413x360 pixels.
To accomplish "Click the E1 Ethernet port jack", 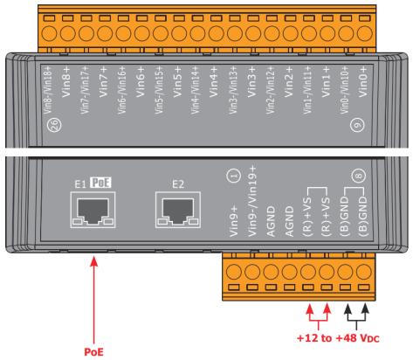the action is tap(93, 210).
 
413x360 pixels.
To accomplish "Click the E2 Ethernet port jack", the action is tap(178, 210).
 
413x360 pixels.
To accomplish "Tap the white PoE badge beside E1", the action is tap(100, 183).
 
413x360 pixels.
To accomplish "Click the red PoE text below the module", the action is tap(93, 352).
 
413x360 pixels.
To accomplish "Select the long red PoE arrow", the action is tap(93, 300).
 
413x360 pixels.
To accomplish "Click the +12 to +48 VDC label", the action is tap(338, 338).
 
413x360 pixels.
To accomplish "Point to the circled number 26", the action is tap(54, 125).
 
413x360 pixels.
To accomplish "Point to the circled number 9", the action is tap(357, 125).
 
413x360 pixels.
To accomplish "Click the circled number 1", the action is tap(234, 176).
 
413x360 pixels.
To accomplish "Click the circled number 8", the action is tap(359, 176).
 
